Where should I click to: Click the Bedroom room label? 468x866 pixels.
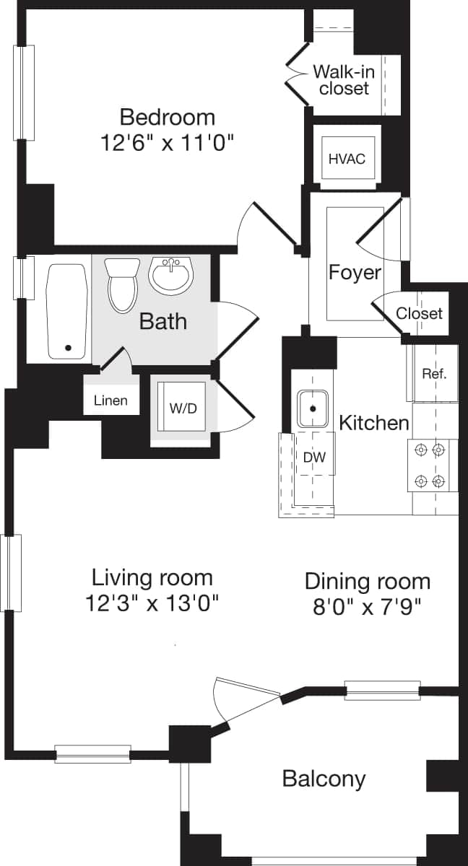point(167,116)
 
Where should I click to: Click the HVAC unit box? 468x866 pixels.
point(347,158)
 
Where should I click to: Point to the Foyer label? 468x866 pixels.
point(355,272)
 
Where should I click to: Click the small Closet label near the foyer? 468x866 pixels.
point(419,313)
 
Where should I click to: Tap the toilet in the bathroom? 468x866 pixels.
point(121,286)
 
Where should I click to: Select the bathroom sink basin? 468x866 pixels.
point(171,275)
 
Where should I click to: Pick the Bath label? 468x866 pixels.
point(162,321)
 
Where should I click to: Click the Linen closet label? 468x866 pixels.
point(110,401)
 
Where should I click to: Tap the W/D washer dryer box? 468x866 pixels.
point(183,408)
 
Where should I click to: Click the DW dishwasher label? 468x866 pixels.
point(313,458)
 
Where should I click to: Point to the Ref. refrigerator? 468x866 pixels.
point(434,374)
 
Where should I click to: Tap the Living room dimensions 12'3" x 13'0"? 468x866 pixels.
point(152,603)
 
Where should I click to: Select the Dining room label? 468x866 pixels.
point(367,581)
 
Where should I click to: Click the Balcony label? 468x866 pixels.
point(324,779)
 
